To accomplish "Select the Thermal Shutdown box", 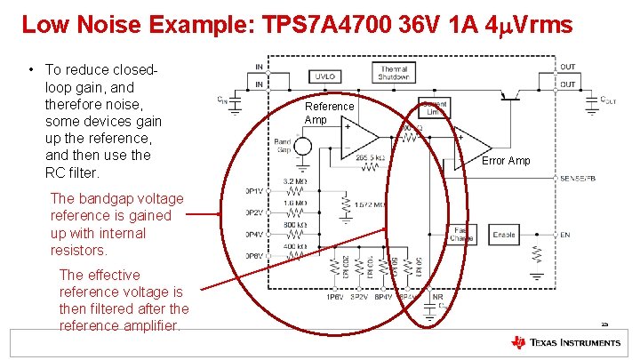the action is [x=394, y=73].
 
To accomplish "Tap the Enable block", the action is [x=504, y=235].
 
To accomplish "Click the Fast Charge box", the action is [x=460, y=235].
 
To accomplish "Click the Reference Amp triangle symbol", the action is [x=360, y=137].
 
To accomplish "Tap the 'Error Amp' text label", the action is [x=506, y=161].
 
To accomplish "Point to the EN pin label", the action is [x=566, y=235].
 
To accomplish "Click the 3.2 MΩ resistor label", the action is [x=295, y=182].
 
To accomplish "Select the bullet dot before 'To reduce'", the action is [x=31, y=70].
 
